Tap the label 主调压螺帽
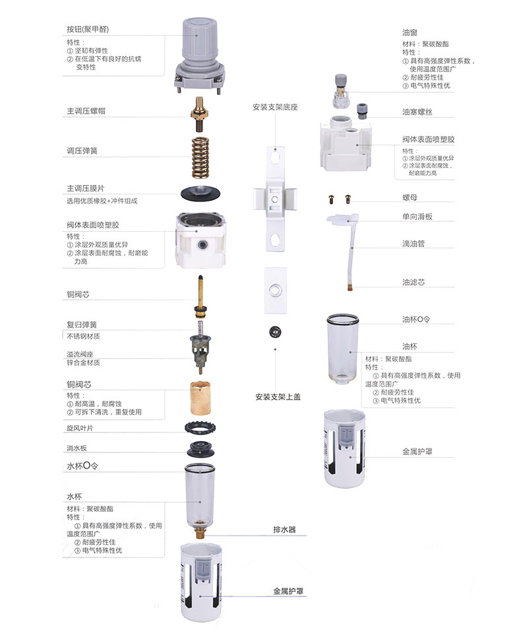click(x=86, y=111)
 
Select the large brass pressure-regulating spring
click(x=200, y=156)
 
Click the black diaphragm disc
click(x=200, y=194)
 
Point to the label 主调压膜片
click(x=86, y=188)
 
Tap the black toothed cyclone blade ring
click(x=200, y=427)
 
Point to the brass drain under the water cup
click(x=200, y=532)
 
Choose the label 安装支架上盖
click(x=278, y=397)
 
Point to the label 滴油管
click(x=414, y=243)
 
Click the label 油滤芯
click(x=414, y=282)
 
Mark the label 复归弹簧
click(x=82, y=325)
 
